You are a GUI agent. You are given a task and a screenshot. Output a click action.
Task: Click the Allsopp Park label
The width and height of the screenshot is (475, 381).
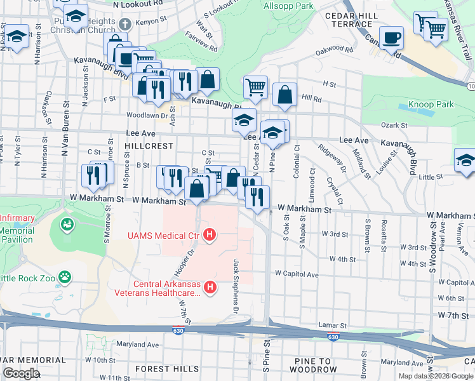coord(288,6)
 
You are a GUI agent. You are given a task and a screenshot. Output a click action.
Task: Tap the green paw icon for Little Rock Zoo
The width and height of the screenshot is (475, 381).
coord(64,277)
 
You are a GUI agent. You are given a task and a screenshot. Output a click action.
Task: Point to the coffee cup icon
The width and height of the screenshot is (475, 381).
coord(391,37)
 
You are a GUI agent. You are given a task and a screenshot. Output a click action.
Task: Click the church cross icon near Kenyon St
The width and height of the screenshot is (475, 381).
coord(125,24)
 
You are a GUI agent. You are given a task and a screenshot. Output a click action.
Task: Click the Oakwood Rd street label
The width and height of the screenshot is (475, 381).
coord(335,49)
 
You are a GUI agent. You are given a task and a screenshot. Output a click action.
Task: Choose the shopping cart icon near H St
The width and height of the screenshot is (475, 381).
coord(255,88)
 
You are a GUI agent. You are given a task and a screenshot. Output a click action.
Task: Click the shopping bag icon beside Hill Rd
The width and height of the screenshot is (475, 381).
coord(285,95)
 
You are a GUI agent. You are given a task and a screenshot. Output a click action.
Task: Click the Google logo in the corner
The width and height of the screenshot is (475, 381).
coord(21,373)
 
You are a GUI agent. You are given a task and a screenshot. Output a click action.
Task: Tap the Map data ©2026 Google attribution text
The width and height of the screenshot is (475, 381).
coord(435,376)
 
